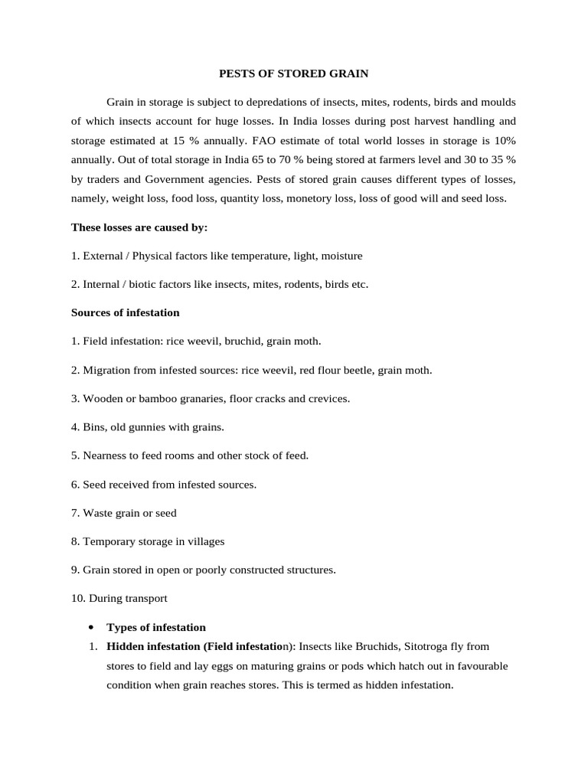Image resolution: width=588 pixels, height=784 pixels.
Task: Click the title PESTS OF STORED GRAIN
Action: (x=294, y=73)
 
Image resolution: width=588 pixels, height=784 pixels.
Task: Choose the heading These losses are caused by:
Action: (x=139, y=227)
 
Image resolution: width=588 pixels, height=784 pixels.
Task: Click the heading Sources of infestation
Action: (x=126, y=312)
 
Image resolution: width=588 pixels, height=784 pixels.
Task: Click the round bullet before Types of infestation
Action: (x=91, y=627)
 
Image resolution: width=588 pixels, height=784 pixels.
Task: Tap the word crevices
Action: (x=328, y=398)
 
